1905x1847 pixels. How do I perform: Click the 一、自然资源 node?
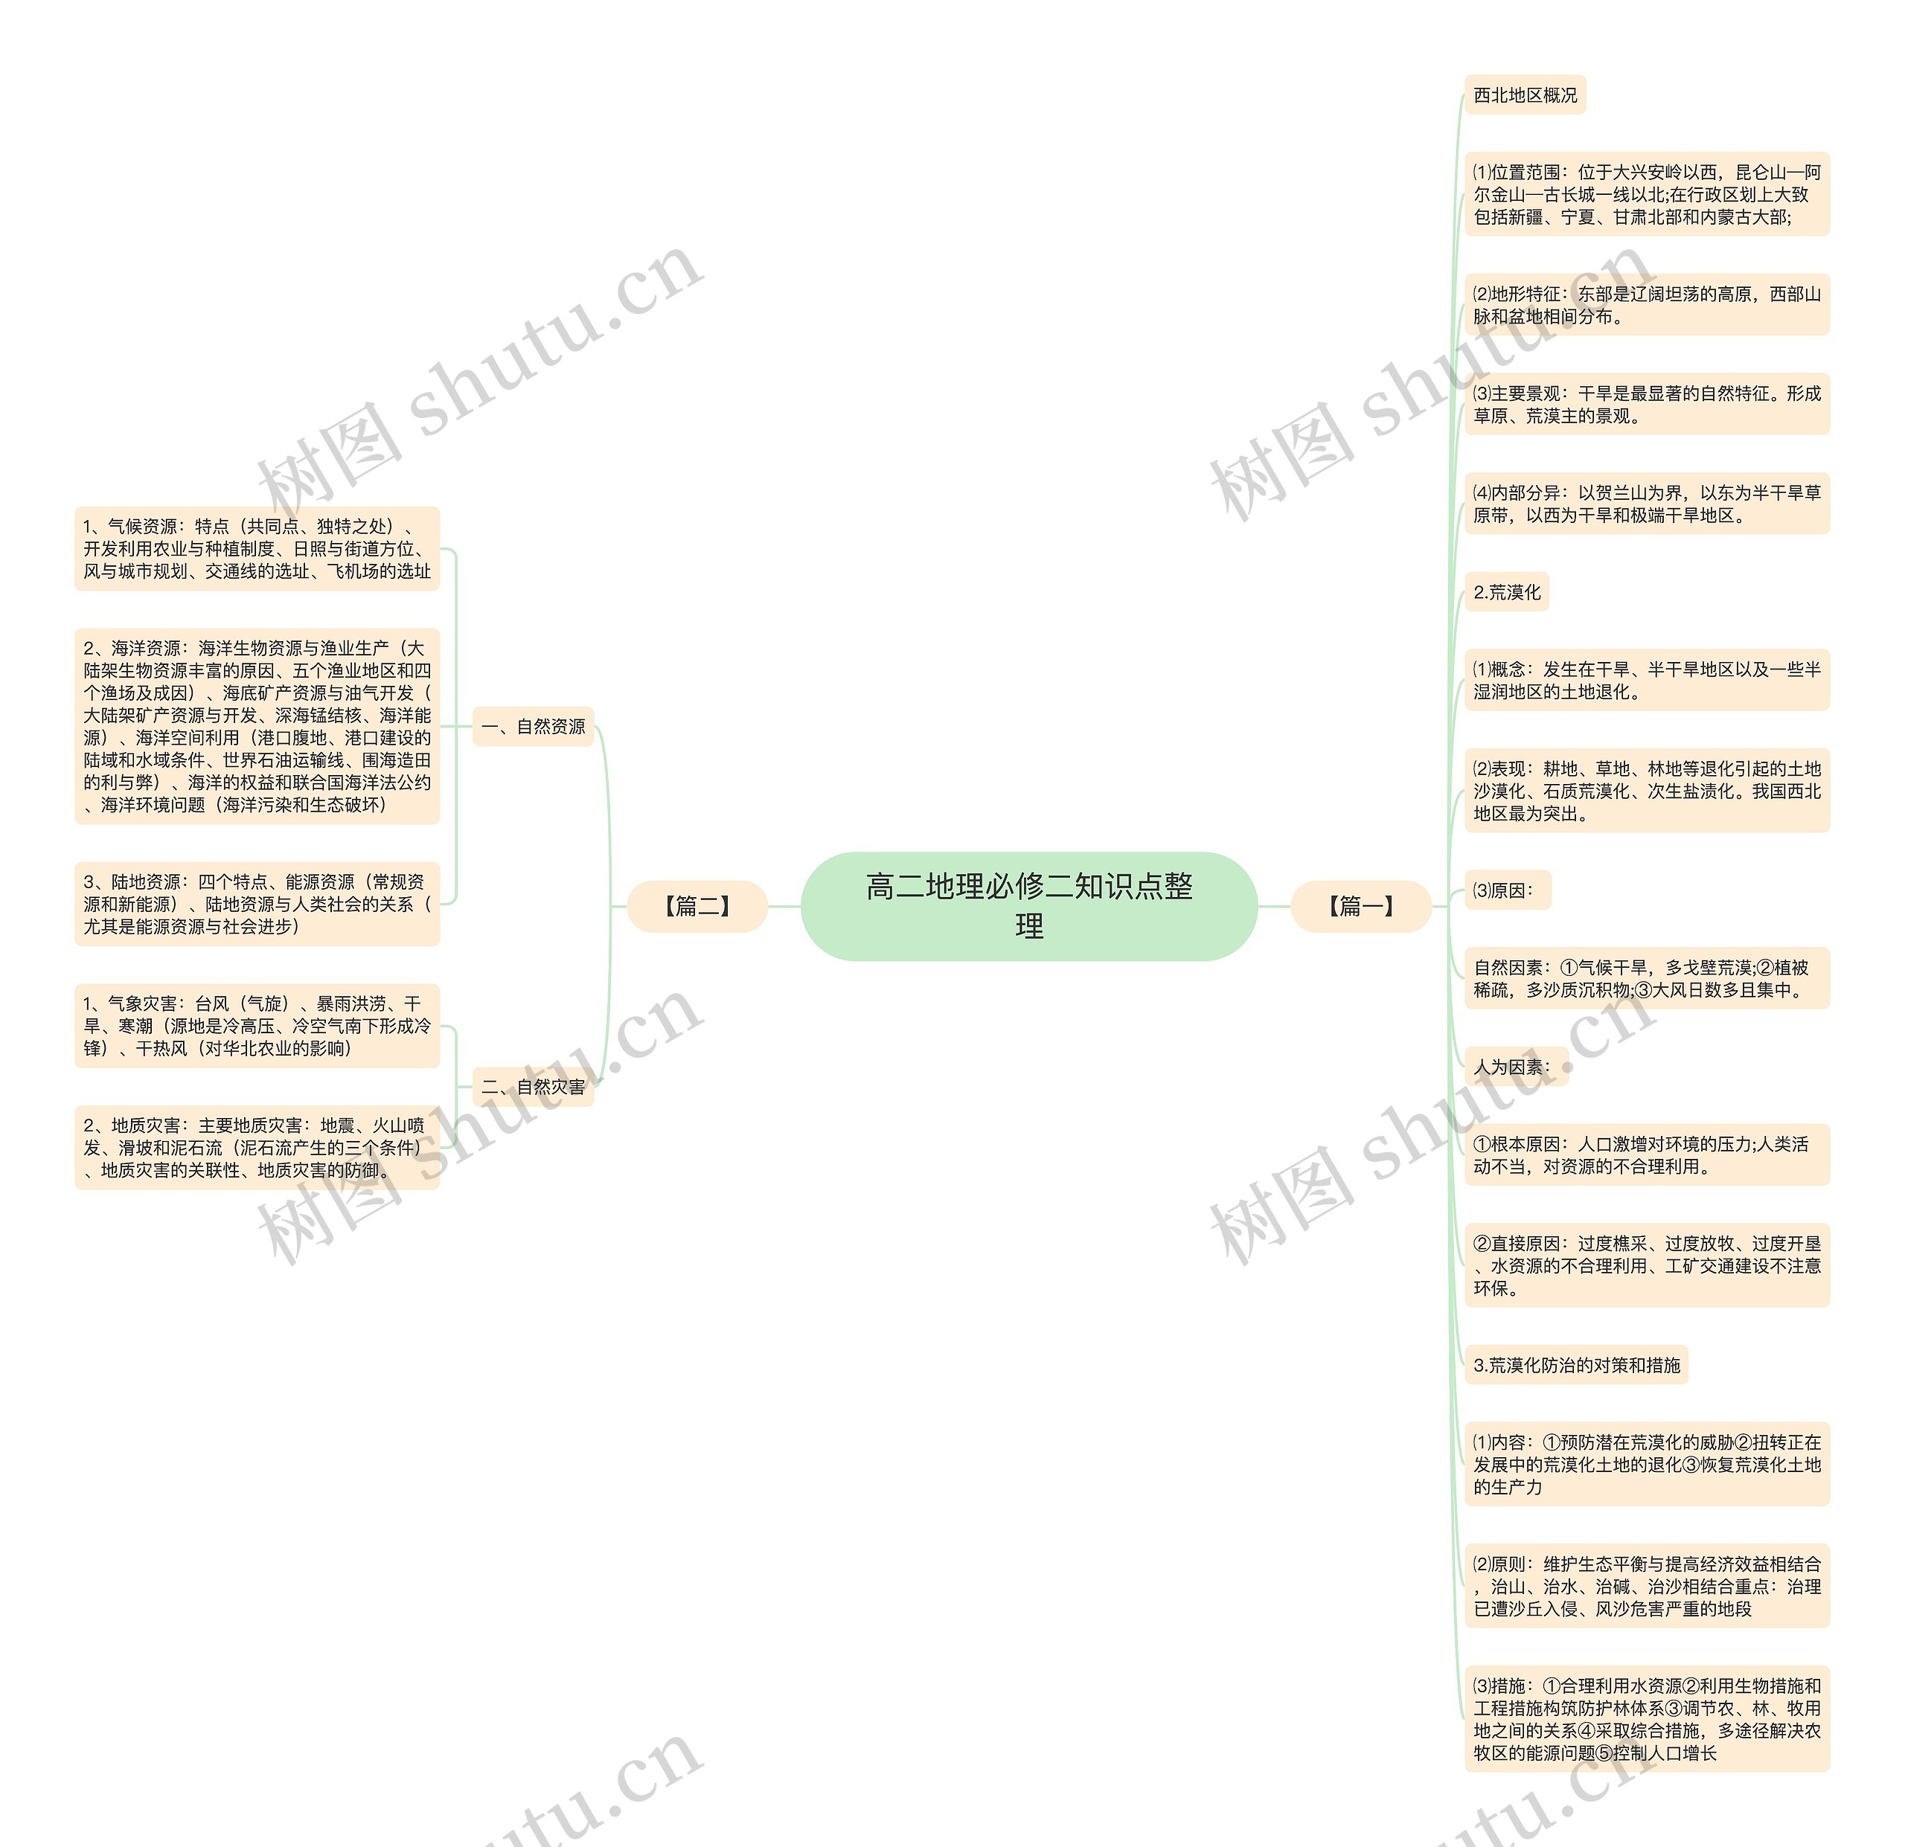(533, 727)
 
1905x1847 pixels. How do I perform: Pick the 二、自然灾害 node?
(533, 1086)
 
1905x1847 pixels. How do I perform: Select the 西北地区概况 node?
(1524, 95)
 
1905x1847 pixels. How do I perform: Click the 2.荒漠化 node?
(1505, 591)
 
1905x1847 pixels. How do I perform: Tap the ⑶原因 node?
(1506, 890)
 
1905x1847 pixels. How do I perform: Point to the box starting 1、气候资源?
(257, 548)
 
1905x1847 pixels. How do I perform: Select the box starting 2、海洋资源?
(257, 726)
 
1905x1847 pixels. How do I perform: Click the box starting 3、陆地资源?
(257, 904)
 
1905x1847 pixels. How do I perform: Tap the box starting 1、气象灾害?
(257, 1025)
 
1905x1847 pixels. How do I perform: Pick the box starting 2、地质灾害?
(257, 1148)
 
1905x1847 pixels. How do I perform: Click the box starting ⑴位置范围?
(1647, 193)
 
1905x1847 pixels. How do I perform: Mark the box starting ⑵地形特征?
(1647, 304)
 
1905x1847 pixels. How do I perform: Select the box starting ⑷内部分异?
(1647, 504)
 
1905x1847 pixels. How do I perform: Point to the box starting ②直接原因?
(1647, 1265)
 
